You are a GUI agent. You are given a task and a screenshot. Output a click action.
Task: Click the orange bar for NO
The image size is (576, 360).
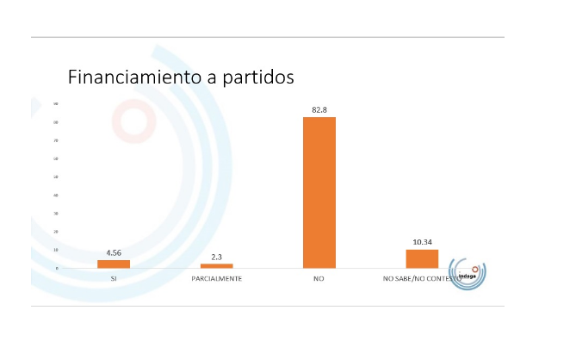tap(319, 192)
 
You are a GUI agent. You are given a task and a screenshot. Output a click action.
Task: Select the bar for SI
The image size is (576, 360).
tap(114, 264)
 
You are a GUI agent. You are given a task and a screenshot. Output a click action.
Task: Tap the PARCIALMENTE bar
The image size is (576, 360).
tap(216, 265)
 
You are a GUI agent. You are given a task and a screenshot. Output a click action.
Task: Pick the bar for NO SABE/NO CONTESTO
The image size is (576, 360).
tap(422, 258)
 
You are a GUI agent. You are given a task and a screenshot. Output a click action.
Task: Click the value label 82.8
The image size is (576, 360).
tap(319, 110)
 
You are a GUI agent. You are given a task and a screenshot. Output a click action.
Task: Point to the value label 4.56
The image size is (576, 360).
tap(114, 253)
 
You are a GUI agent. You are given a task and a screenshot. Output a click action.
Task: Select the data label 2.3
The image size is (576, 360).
tap(216, 257)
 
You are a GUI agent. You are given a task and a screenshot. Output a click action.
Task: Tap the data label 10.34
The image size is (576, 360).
tap(422, 243)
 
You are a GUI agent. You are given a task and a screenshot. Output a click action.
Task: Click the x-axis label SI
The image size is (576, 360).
tap(114, 280)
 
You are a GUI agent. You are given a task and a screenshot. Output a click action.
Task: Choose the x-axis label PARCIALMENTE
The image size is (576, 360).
tap(216, 280)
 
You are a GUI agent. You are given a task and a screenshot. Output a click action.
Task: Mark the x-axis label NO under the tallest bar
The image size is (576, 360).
tap(319, 280)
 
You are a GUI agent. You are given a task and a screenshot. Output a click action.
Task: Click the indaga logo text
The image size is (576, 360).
tap(466, 275)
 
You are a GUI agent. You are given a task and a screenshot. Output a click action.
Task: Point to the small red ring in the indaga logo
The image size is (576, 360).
tap(474, 269)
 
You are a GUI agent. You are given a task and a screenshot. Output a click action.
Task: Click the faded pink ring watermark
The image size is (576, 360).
tap(134, 120)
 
